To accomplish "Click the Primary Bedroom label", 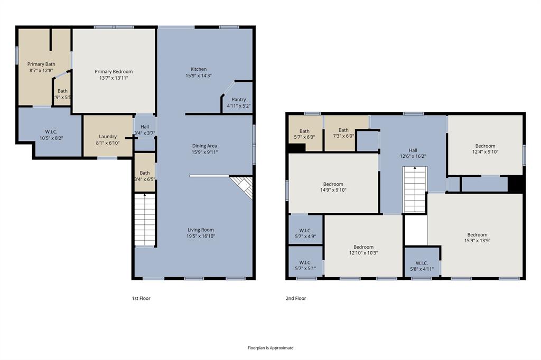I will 114,72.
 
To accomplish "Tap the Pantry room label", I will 239,99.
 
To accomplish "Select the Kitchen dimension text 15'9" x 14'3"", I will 199,75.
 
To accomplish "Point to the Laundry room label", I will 108,137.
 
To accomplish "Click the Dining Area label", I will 204,146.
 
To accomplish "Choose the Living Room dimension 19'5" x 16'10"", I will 201,236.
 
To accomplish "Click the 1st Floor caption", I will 141,298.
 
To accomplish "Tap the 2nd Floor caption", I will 296,298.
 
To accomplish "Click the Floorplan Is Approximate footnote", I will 270,348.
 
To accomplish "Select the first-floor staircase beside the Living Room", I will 145,220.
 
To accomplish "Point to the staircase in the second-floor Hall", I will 415,189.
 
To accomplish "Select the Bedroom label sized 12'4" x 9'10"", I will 485,146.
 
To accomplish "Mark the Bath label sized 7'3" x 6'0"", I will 343,130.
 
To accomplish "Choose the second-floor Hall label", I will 413,150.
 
